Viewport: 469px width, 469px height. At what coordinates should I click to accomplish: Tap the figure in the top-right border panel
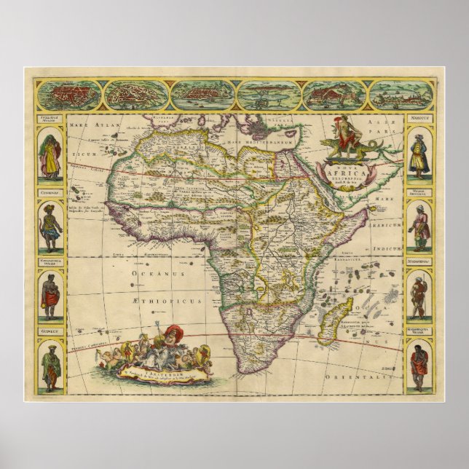[418, 155]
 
